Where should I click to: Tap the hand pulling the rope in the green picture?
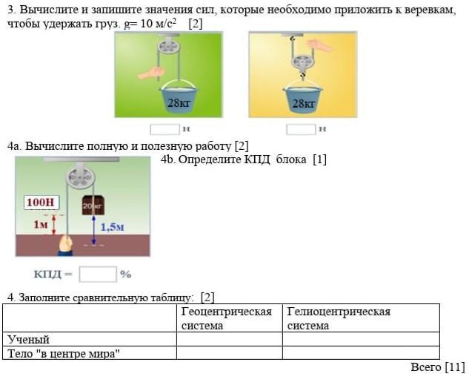(152, 73)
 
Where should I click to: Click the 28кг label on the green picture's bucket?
(179, 103)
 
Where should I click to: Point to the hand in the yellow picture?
(320, 46)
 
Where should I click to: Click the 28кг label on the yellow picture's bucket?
(303, 103)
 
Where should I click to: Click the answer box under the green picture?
(164, 129)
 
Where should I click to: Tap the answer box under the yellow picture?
(301, 129)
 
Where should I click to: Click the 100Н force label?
(41, 202)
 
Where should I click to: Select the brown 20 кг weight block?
(93, 204)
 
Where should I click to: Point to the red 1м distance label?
(40, 223)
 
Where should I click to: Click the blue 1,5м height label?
(112, 227)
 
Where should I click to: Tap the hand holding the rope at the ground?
(66, 243)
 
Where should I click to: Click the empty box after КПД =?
(98, 274)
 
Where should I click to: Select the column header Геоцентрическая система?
(227, 318)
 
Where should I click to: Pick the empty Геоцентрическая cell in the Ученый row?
(229, 340)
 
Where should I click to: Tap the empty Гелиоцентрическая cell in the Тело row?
(360, 353)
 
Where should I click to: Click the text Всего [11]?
(437, 367)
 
